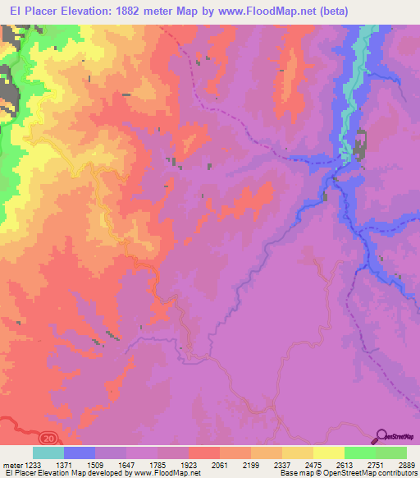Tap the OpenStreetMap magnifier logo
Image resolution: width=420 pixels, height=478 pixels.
(381, 437)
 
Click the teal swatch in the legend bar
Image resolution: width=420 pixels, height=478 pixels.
(48, 453)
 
